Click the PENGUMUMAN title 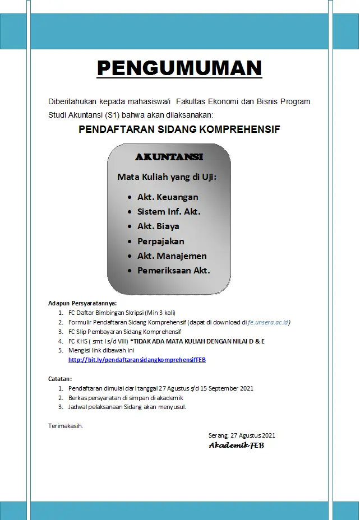point(179,68)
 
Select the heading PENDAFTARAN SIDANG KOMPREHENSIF point(179,129)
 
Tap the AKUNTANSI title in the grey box point(169,157)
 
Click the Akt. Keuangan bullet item point(168,197)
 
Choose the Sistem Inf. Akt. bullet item point(169,212)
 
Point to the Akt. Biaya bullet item point(158,226)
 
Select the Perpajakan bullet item point(160,242)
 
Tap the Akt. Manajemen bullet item point(172,256)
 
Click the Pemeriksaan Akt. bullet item point(173,271)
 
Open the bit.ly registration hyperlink point(137,360)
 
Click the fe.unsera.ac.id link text point(269,323)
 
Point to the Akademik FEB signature point(236,445)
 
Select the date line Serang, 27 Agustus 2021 point(242,435)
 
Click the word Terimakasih point(66,426)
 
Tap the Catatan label point(60,379)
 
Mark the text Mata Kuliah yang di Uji point(167,177)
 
